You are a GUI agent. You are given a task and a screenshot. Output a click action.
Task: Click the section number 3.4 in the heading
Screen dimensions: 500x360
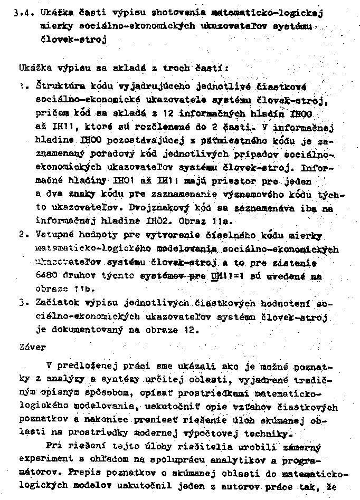coord(22,13)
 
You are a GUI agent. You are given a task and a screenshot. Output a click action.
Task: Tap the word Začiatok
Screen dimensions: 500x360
coord(55,304)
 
